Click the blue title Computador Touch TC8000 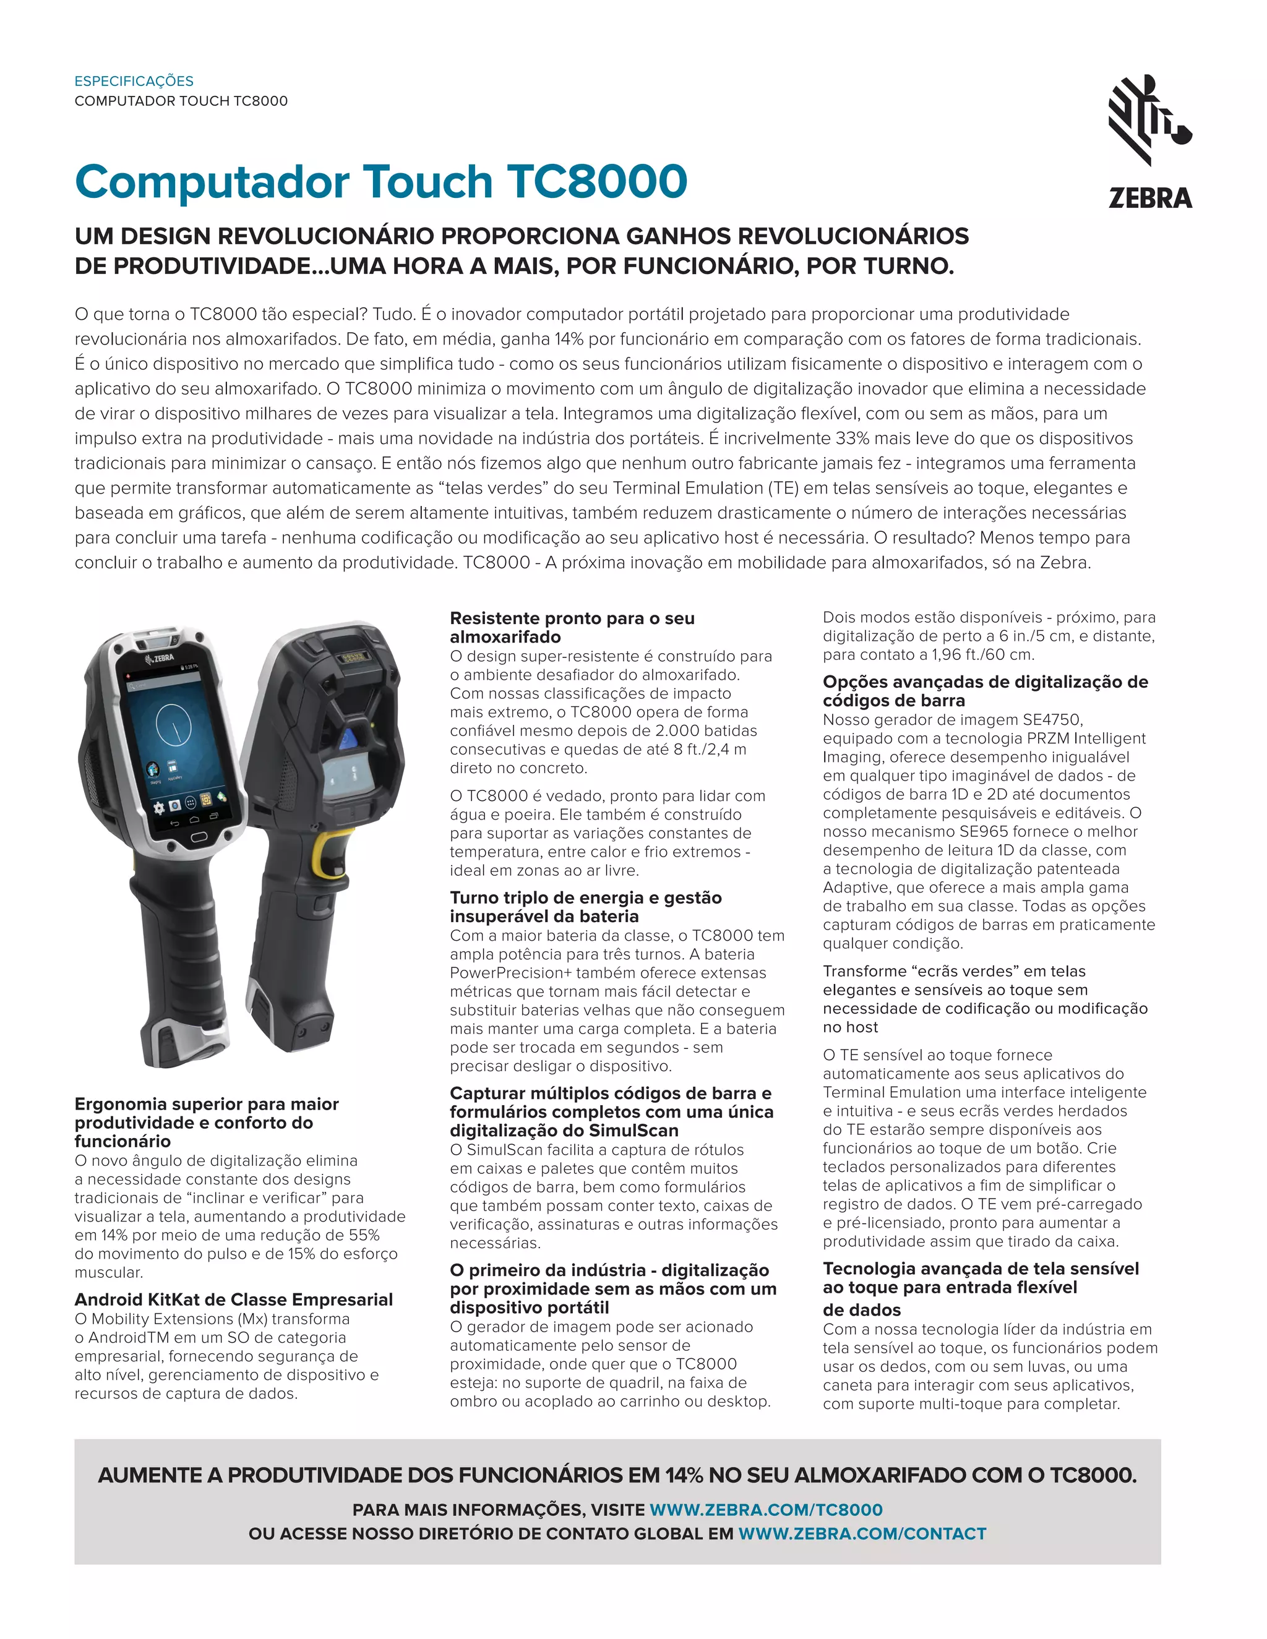pos(380,182)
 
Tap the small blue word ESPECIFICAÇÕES pos(134,81)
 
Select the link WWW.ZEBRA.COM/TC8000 pos(766,1510)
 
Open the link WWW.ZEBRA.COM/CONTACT pos(862,1534)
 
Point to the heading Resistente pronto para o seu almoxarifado pos(572,627)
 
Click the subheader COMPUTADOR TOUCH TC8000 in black pos(181,101)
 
